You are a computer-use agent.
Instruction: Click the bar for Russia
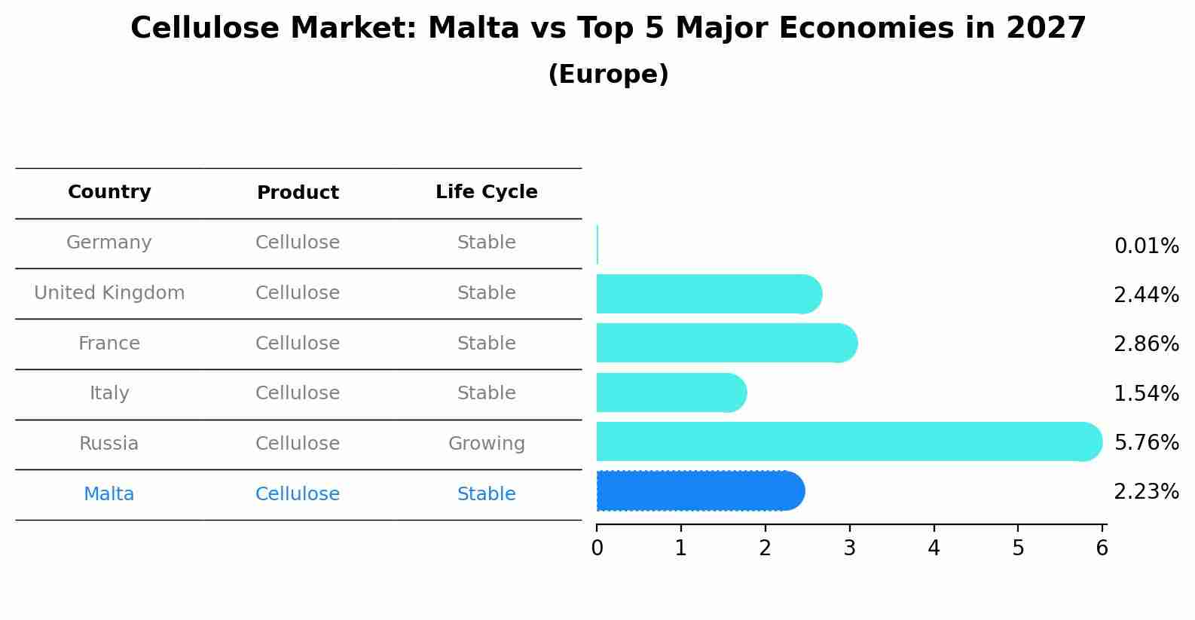pos(849,441)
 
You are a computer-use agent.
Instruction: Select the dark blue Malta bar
pos(701,491)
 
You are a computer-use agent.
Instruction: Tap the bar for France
pos(727,343)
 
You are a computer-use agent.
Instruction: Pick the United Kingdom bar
pos(710,294)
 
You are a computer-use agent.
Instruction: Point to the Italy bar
pos(671,392)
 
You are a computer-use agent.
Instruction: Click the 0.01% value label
pos(1147,246)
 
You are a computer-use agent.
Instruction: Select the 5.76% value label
pos(1147,442)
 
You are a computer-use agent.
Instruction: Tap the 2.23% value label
pos(1147,491)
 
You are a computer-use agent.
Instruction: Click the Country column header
pos(109,191)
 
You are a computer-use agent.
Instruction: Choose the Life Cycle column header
pos(487,191)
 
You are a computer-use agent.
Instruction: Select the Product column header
pos(298,192)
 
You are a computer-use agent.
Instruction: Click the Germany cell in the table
pos(108,243)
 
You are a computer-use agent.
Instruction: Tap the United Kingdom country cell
pos(109,293)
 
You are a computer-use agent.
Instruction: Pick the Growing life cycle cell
pos(487,444)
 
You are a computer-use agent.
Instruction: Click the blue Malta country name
pos(108,494)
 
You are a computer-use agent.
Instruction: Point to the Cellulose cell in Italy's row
pos(298,393)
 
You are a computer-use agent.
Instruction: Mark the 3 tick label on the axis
pos(850,548)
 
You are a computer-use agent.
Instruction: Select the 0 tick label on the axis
pos(597,548)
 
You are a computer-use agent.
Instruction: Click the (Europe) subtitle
pos(608,74)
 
